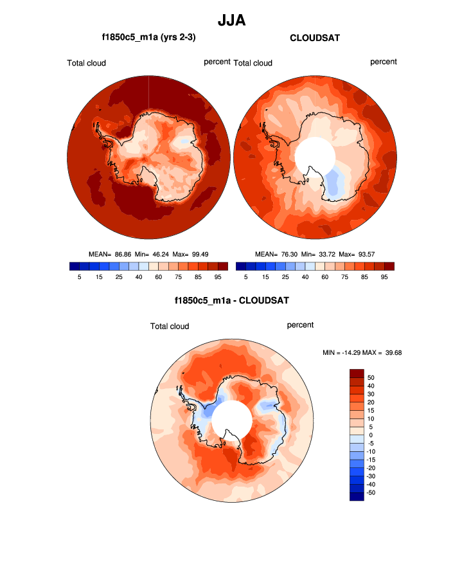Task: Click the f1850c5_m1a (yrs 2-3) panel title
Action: (x=148, y=38)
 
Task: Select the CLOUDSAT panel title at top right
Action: (x=315, y=38)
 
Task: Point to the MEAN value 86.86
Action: (x=123, y=254)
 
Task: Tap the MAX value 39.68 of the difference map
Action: (x=391, y=352)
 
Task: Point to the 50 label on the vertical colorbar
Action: (x=371, y=377)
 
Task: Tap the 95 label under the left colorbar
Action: (x=218, y=277)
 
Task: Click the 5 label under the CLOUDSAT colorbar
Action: (x=245, y=277)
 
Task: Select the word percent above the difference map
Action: (x=300, y=325)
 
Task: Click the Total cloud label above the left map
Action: (x=86, y=63)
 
